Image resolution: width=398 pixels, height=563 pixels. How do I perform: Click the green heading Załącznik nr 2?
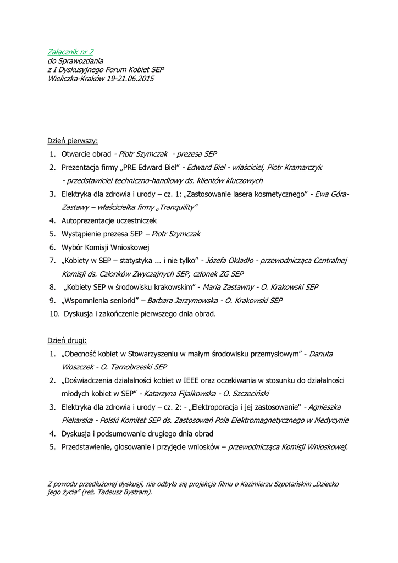[x=70, y=52]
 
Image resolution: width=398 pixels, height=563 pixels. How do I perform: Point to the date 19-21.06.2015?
[x=131, y=79]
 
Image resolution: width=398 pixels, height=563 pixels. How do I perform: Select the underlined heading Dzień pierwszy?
[x=72, y=141]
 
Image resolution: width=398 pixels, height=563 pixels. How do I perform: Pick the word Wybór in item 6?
[x=72, y=247]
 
